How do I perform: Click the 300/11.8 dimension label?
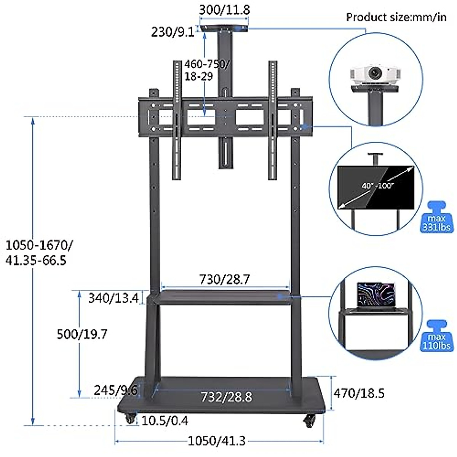(225, 10)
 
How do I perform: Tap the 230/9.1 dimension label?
(173, 32)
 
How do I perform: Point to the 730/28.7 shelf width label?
(225, 280)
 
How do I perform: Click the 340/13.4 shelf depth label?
(113, 298)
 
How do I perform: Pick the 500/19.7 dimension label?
(82, 334)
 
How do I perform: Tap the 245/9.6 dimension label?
(115, 390)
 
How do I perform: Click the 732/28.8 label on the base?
(226, 397)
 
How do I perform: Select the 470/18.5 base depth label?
(359, 393)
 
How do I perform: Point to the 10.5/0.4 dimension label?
(165, 421)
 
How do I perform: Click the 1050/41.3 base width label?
(217, 441)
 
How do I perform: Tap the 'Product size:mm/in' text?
(396, 18)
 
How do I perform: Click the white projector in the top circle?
(375, 76)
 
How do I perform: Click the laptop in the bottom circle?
(376, 294)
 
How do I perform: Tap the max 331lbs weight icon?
(436, 218)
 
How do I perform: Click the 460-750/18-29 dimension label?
(206, 70)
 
